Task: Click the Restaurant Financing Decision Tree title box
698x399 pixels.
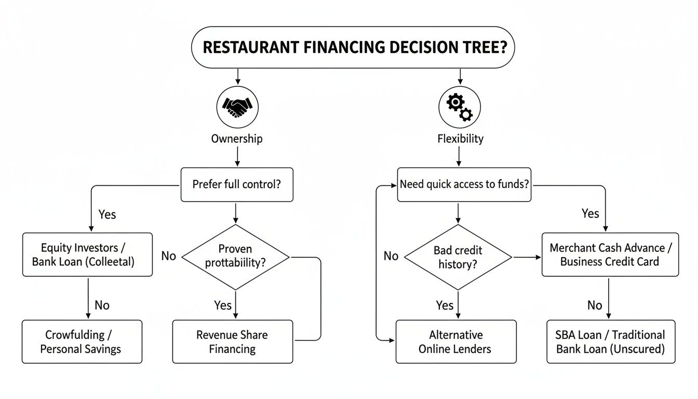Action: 352,47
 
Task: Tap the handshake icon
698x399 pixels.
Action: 237,107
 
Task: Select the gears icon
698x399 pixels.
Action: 459,107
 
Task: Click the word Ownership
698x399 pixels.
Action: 237,139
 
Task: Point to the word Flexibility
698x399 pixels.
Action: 460,139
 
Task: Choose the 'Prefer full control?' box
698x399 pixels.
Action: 236,184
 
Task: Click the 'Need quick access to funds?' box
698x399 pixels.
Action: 464,184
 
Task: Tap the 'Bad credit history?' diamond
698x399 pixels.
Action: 458,257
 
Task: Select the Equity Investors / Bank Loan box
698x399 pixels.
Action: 87,255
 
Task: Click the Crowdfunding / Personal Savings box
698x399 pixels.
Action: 82,341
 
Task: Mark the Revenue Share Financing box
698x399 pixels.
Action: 232,341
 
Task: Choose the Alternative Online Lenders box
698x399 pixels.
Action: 455,341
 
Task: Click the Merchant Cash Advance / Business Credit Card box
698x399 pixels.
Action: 610,255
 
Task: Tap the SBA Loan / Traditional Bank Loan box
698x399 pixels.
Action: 611,341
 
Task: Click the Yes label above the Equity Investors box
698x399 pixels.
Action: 107,214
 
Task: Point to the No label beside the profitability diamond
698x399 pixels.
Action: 168,256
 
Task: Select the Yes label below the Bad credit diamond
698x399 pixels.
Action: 445,305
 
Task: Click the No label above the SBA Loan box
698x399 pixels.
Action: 594,305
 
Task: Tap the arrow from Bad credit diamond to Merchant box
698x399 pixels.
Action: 527,257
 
